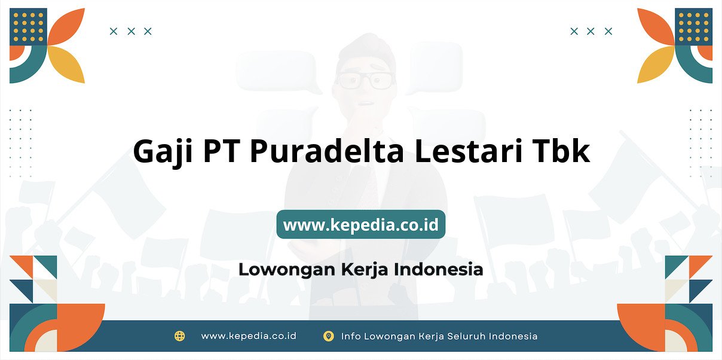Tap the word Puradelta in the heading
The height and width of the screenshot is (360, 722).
(x=326, y=151)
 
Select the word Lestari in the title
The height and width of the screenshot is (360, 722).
(x=469, y=151)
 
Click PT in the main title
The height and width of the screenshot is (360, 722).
(x=222, y=151)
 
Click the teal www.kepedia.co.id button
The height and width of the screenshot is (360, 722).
(x=360, y=224)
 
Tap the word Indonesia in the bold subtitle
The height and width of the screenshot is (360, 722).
(x=438, y=269)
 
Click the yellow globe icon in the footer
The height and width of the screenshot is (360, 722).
(x=179, y=336)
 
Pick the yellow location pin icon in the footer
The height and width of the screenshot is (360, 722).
(x=328, y=336)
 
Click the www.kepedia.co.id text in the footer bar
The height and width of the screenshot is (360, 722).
(x=249, y=336)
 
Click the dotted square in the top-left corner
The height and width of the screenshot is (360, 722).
(x=28, y=27)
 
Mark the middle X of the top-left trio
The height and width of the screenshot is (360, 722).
(x=131, y=31)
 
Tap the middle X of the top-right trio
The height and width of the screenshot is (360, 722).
(x=591, y=31)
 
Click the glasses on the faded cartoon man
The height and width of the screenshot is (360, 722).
(x=365, y=80)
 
